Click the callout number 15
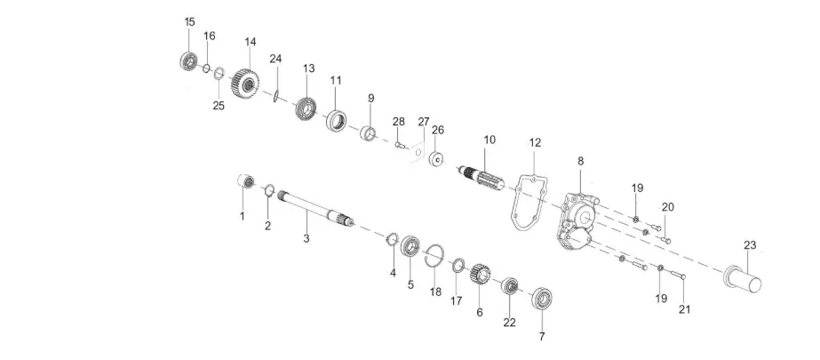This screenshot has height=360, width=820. [189, 21]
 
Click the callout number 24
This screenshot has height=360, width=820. [275, 59]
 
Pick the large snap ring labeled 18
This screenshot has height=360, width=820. [433, 254]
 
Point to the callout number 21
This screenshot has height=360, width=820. [684, 309]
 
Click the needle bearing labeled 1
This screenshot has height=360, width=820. [244, 182]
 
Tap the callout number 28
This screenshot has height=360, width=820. [399, 121]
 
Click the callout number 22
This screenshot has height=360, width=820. [510, 323]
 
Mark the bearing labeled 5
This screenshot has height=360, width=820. [411, 246]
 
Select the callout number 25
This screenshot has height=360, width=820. [219, 106]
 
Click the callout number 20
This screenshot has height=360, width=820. [667, 206]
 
